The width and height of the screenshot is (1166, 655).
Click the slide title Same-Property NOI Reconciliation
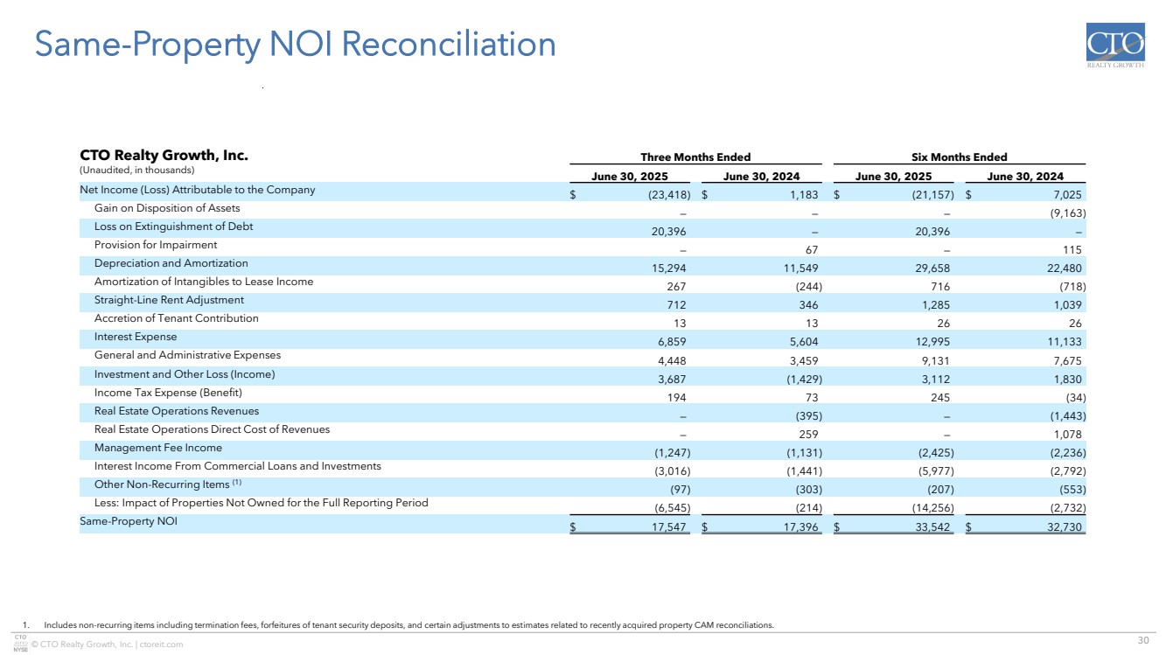click(294, 45)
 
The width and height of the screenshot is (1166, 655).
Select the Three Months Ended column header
click(695, 157)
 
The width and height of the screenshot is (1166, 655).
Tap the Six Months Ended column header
click(960, 157)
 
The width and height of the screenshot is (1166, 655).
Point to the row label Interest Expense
click(136, 337)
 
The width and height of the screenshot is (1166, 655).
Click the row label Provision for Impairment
click(156, 245)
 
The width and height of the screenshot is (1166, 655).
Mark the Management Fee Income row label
click(157, 448)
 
